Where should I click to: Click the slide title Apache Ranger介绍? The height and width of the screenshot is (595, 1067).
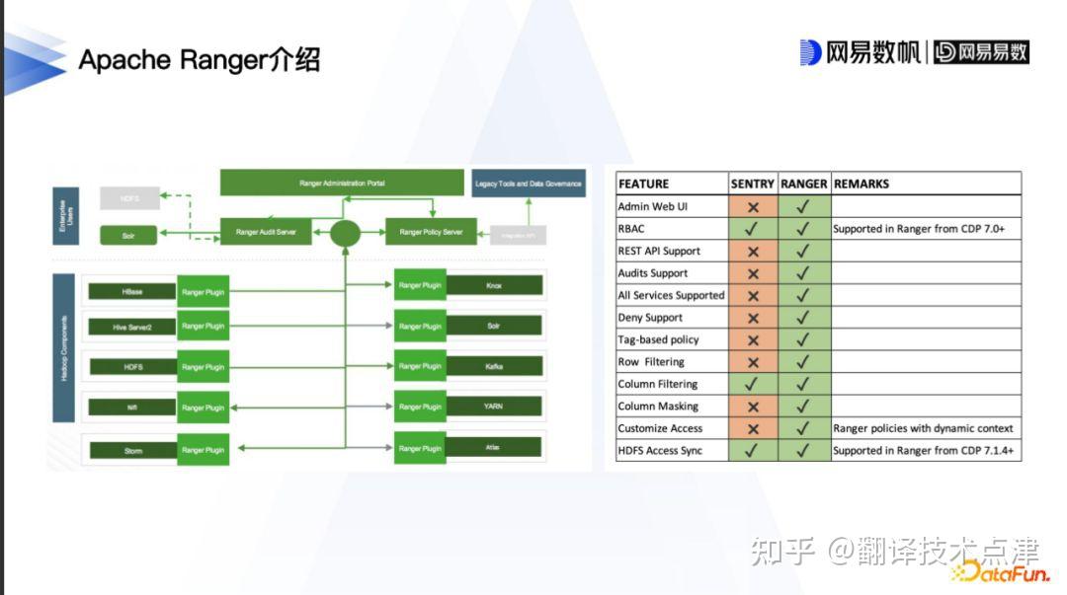coord(200,60)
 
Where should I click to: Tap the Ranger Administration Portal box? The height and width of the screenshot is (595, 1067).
coord(342,184)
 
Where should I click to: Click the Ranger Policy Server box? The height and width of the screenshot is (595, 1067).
coord(431,233)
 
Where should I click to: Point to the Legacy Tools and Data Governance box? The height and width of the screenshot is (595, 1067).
coord(529,184)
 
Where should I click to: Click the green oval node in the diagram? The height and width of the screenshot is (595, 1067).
coord(345,234)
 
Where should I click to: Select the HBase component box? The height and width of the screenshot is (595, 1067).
coord(131,292)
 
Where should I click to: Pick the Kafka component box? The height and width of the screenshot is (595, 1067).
coord(494,366)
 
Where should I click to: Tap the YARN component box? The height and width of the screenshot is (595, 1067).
coord(494,407)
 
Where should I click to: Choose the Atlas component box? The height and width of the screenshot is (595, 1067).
coord(494,448)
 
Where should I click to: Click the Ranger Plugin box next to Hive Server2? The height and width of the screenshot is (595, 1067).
coord(204,327)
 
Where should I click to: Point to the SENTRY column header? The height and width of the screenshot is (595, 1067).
coord(753,184)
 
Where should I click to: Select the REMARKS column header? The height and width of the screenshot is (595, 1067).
coord(862,184)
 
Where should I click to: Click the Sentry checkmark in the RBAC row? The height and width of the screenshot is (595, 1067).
coord(753,229)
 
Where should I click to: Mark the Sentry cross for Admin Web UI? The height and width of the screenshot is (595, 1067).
coord(753,207)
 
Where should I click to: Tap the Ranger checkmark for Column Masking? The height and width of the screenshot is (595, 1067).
coord(803,407)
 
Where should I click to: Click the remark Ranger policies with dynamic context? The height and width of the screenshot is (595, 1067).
coord(923,428)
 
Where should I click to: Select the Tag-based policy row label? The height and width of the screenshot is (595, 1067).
coord(658,339)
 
